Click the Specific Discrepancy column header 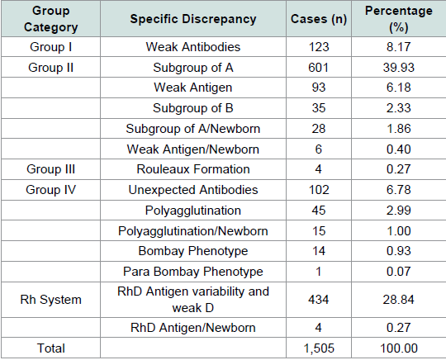(x=193, y=19)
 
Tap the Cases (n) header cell (x=319, y=19)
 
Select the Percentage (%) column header (x=398, y=19)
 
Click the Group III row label (x=50, y=169)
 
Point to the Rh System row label (x=50, y=300)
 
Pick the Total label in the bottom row (x=51, y=348)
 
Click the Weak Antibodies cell (x=193, y=47)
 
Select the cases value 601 (x=318, y=68)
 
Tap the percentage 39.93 (x=398, y=68)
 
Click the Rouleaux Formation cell (x=193, y=169)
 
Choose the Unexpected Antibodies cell (x=193, y=190)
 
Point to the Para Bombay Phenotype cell (x=193, y=272)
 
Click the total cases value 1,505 (x=319, y=348)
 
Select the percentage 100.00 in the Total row (x=399, y=348)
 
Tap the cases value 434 (x=318, y=300)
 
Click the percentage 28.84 (x=398, y=300)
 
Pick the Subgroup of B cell (x=193, y=108)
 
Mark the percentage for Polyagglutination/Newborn (x=398, y=231)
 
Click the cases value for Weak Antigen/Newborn (x=318, y=149)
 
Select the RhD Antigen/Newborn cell (x=193, y=328)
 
